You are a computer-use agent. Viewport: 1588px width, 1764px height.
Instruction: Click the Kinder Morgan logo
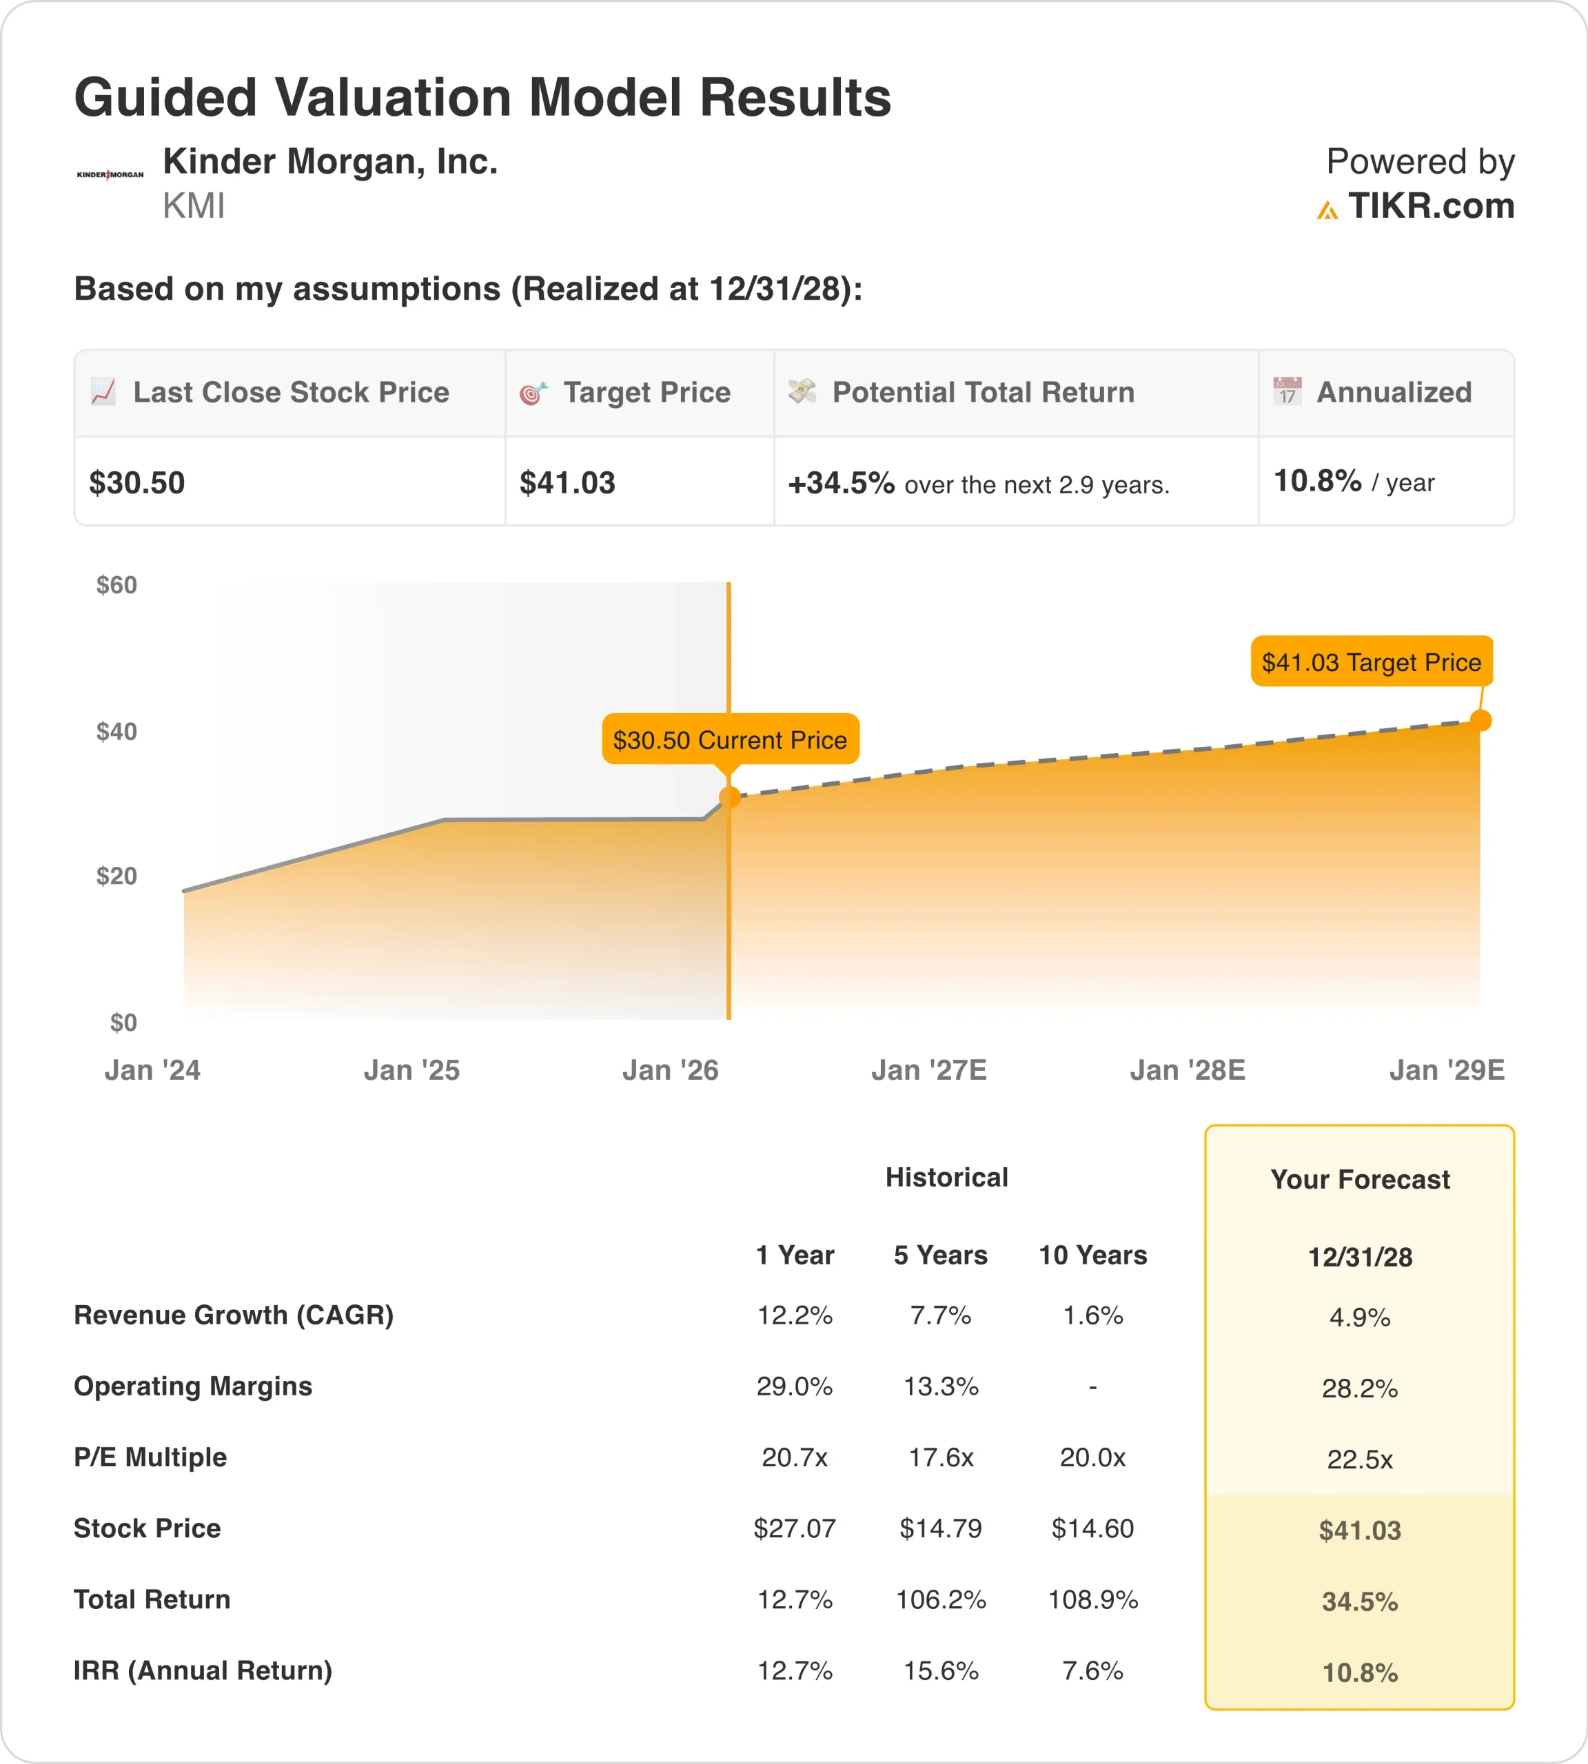point(110,174)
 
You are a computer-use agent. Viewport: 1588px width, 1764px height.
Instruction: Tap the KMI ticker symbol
point(194,207)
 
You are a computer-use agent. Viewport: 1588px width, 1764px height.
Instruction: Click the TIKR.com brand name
point(1430,207)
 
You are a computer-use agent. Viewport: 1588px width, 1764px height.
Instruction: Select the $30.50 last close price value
point(137,482)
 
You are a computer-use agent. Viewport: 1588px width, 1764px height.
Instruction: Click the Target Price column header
point(647,393)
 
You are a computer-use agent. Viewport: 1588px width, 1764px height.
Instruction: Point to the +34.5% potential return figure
point(841,482)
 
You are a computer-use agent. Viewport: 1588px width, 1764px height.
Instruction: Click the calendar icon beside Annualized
point(1287,391)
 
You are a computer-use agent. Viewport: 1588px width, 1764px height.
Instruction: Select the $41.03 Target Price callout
point(1371,662)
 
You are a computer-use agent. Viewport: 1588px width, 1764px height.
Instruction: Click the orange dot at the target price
point(1480,721)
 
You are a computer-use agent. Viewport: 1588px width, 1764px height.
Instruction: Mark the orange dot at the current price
point(729,797)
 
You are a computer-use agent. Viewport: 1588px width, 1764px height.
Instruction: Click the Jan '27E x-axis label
point(928,1069)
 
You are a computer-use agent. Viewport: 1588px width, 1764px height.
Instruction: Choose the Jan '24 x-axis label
point(153,1069)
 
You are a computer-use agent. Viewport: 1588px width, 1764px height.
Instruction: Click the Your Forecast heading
point(1359,1180)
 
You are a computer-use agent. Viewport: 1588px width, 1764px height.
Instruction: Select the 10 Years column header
point(1092,1255)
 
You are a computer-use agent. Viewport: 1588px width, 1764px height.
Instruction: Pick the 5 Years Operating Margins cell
point(941,1386)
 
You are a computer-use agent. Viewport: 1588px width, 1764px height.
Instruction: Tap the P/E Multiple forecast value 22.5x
point(1359,1459)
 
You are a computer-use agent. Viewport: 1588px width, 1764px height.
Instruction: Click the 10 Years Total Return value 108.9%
point(1092,1599)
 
